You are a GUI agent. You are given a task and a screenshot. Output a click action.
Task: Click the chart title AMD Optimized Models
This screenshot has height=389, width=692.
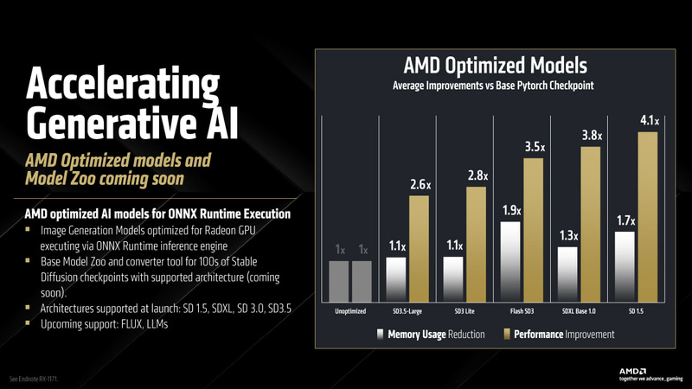coord(496,65)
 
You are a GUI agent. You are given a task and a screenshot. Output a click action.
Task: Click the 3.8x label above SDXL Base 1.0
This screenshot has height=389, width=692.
coord(593,135)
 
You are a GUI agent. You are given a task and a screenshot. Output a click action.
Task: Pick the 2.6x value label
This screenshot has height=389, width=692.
coord(420,184)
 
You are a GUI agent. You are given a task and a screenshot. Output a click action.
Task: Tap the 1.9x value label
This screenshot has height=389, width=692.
coord(512,209)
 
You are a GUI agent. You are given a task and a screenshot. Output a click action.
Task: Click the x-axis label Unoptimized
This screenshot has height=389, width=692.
coord(350,310)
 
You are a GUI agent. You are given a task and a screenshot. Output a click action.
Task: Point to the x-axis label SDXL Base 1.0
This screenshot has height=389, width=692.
coord(580,310)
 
